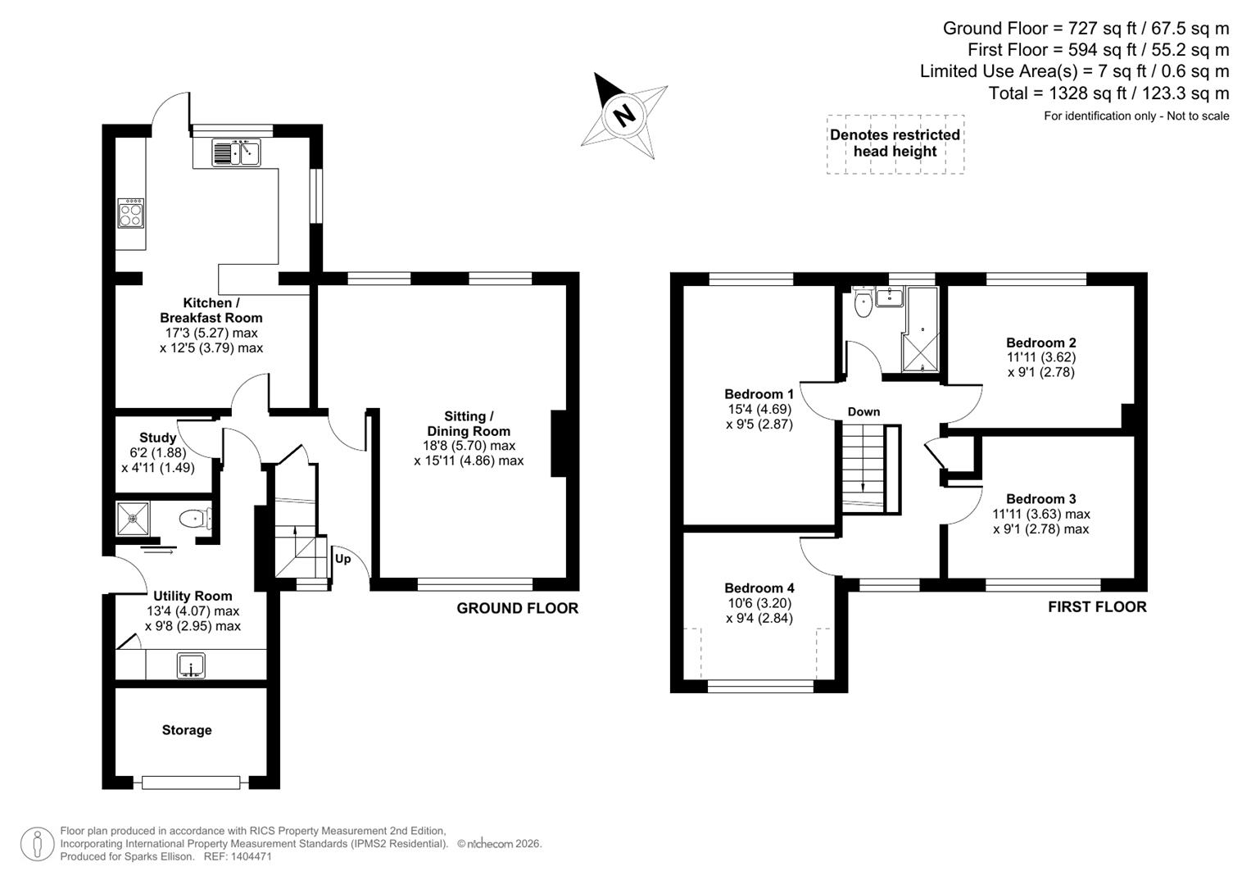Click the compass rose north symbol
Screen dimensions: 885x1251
(625, 115)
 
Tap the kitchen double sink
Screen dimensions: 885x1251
(236, 152)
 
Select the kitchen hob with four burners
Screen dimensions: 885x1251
(131, 213)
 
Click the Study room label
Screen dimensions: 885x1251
(157, 438)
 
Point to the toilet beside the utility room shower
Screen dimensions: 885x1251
(194, 519)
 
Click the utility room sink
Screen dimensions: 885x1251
(192, 665)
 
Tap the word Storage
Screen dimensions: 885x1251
(187, 730)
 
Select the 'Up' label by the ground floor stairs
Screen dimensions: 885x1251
(342, 559)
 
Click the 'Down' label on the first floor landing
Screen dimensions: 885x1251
(863, 411)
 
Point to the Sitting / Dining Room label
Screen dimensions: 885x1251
(469, 424)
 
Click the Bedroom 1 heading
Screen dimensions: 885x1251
(759, 394)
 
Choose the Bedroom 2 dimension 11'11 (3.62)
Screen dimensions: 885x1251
(1040, 357)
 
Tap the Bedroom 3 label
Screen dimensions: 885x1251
(1040, 499)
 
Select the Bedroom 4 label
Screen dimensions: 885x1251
(759, 588)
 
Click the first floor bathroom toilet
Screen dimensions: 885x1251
(863, 305)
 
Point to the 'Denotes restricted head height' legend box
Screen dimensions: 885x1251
(895, 143)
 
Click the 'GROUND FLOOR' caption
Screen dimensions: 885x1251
(517, 608)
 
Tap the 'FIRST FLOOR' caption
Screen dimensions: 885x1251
(1097, 606)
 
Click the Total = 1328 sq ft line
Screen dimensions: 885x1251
(1108, 93)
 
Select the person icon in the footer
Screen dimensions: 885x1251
(37, 844)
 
